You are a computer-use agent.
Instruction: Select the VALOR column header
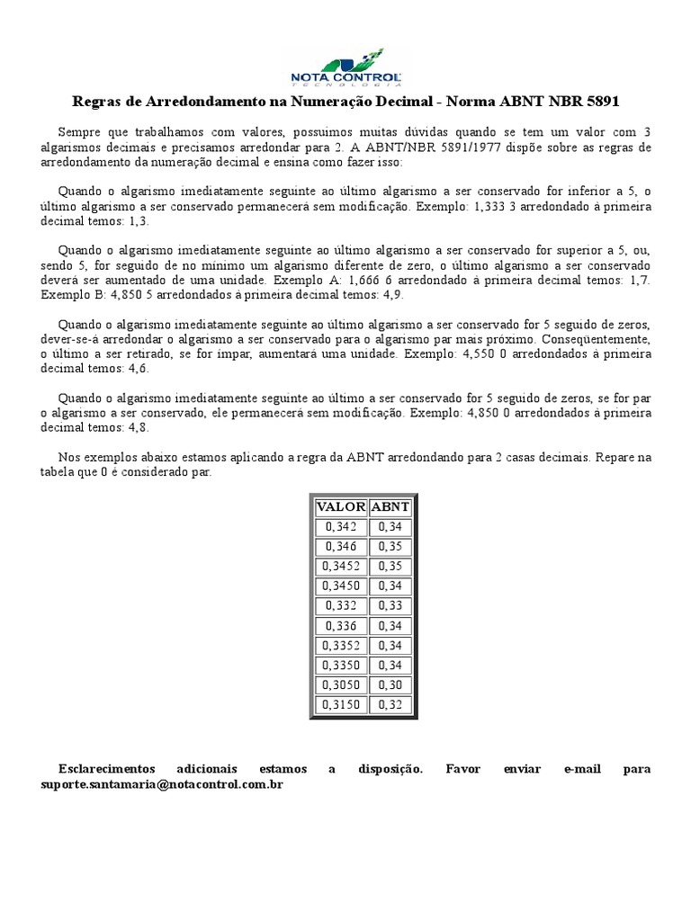coord(341,506)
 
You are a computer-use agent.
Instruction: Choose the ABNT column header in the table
coord(390,506)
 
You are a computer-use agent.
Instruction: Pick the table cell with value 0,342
coord(341,526)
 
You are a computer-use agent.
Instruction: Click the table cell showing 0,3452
coord(341,566)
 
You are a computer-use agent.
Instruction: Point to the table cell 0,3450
coord(341,586)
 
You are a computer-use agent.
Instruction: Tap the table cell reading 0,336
coord(341,625)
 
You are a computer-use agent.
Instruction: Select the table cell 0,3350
coord(341,665)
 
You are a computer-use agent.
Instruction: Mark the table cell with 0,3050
coord(341,684)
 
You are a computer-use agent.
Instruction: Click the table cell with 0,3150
coord(341,704)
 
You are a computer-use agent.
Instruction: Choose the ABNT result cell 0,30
coord(390,684)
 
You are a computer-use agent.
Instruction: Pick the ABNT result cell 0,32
coord(390,704)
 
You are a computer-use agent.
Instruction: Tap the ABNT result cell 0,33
coord(390,605)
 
